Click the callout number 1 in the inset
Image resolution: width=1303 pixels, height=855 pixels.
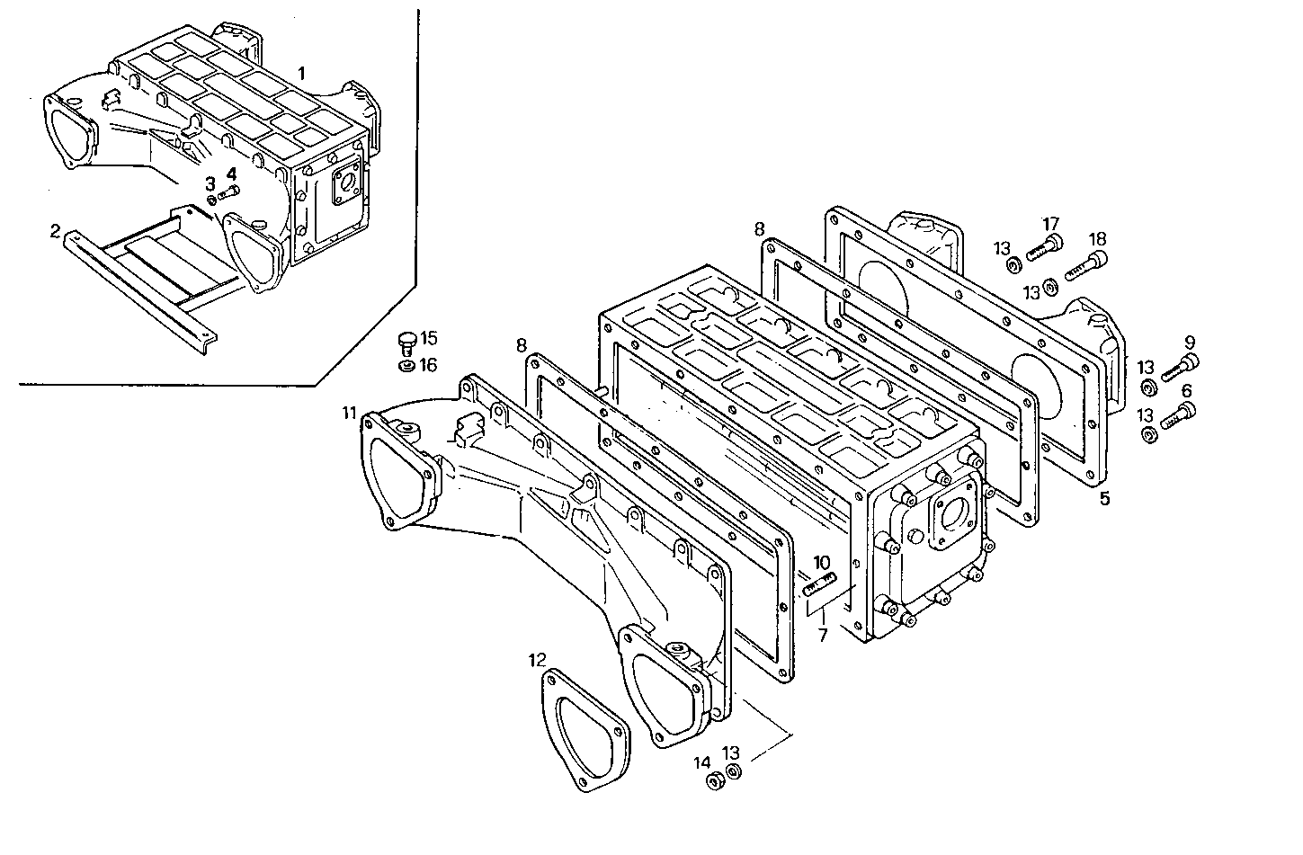coord(302,71)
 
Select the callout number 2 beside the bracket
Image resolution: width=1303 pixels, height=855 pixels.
coord(55,231)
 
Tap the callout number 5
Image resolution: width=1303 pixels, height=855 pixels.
coord(1104,497)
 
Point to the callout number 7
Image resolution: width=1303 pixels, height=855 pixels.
coord(822,635)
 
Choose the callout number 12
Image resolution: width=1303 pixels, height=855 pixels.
coord(537,660)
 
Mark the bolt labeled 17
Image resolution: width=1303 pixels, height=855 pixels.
coord(1044,245)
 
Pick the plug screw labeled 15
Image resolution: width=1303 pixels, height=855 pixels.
coord(406,342)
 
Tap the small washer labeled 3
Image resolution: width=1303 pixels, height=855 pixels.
coord(211,199)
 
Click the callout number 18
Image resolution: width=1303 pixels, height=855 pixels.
coord(1096,239)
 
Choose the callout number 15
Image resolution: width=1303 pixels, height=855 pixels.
coord(428,338)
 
